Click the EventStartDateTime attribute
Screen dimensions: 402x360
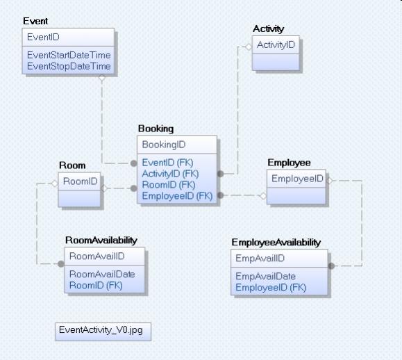pyautogui.click(x=69, y=55)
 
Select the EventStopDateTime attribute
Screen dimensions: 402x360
pyautogui.click(x=69, y=66)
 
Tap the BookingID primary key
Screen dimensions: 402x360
pyautogui.click(x=164, y=145)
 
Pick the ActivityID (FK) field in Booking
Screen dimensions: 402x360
pyautogui.click(x=170, y=174)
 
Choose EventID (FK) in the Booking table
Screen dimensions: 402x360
pyautogui.click(x=167, y=163)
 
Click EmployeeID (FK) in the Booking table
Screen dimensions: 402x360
pyautogui.click(x=177, y=196)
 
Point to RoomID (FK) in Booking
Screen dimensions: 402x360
pyautogui.click(x=169, y=185)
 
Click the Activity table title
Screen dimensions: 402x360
pyautogui.click(x=269, y=29)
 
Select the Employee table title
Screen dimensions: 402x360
pyautogui.click(x=290, y=163)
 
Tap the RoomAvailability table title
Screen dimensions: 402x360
pyautogui.click(x=101, y=240)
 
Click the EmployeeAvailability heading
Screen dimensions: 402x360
pyautogui.click(x=276, y=243)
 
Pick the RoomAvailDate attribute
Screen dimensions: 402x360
pyautogui.click(x=102, y=275)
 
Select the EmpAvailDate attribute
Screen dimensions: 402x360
pyautogui.click(x=266, y=277)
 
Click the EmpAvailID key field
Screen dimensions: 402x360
pyautogui.click(x=260, y=258)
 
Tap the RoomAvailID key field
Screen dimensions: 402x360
pyautogui.click(x=97, y=256)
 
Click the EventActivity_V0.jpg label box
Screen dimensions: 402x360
pyautogui.click(x=103, y=332)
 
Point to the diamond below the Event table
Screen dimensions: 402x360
pyautogui.click(x=102, y=78)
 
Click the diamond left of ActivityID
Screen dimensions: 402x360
pyautogui.click(x=249, y=47)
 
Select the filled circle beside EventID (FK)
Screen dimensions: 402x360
pyautogui.click(x=134, y=163)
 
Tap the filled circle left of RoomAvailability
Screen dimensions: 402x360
pyautogui.click(x=61, y=264)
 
